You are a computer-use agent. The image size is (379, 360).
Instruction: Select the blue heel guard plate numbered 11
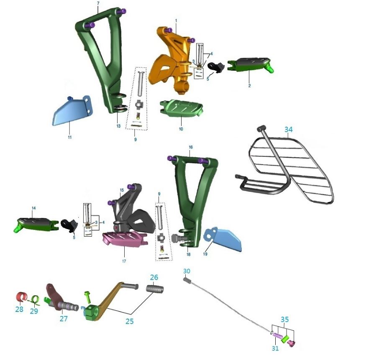coord(72,111)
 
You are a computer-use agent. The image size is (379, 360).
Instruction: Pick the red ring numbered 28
coord(21,296)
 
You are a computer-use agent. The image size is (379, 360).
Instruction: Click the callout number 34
coord(288,130)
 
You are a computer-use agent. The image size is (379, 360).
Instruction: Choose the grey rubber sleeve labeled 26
coord(155,289)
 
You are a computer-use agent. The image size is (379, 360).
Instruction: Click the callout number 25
coord(130,321)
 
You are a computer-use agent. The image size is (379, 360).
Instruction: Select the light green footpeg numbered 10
coord(181,107)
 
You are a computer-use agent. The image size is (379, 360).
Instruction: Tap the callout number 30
coord(187,271)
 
